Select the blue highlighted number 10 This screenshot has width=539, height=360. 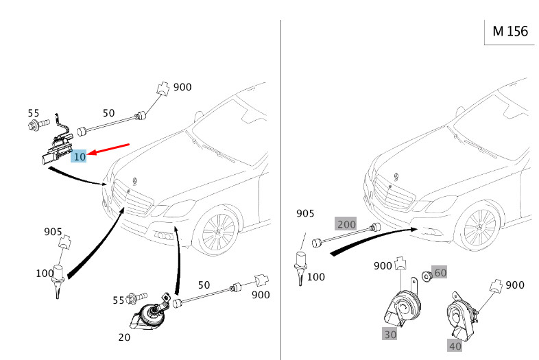(80, 156)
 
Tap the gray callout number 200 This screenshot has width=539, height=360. (346, 224)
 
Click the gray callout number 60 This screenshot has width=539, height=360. (440, 272)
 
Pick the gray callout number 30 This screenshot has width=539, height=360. (390, 333)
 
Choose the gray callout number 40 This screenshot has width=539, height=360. (455, 346)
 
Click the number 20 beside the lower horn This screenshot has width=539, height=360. (124, 337)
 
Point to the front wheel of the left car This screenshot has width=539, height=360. (218, 230)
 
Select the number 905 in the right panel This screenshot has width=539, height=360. (305, 214)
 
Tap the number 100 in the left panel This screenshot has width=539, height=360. (45, 274)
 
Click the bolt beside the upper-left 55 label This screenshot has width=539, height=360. (36, 125)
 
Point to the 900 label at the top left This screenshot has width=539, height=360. (182, 87)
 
